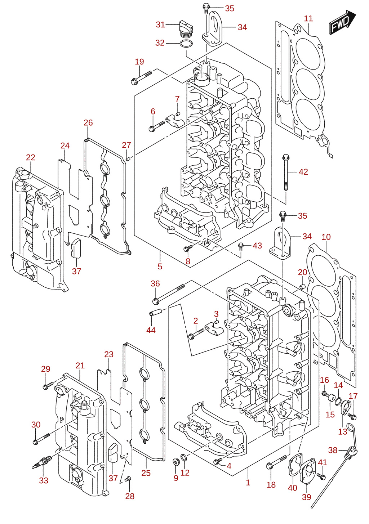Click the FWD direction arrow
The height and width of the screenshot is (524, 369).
[x=342, y=23]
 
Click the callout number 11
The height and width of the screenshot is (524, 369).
[x=308, y=18]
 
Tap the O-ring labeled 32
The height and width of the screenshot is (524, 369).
[x=186, y=44]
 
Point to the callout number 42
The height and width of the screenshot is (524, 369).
[x=303, y=172]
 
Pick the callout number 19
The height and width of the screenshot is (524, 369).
[x=139, y=62]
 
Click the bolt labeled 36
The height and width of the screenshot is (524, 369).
[x=169, y=294]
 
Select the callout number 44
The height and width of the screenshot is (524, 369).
[x=151, y=330]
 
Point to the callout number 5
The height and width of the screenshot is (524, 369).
[x=160, y=267]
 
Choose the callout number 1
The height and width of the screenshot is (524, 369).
[x=248, y=482]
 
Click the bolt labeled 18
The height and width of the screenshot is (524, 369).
[x=276, y=461]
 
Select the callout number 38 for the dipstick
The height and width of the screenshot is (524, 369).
[x=333, y=450]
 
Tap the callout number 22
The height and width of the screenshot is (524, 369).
[x=31, y=157]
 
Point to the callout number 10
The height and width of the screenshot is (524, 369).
[x=326, y=237]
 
